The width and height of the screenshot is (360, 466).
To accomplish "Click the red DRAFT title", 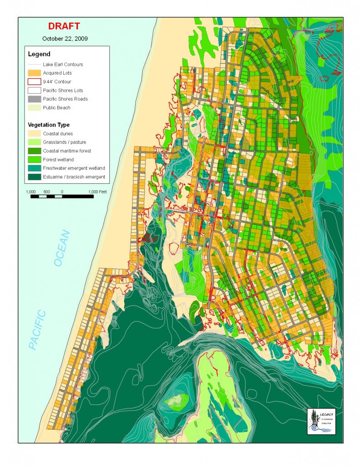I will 65,27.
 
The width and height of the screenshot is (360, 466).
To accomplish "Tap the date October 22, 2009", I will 65,39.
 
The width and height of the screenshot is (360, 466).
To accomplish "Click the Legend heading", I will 39,54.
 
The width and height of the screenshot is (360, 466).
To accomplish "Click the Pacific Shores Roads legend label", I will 65,99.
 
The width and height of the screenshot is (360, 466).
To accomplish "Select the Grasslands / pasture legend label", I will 65,142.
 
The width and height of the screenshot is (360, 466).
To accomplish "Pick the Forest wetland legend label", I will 58,159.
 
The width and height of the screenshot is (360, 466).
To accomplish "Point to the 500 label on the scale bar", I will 46,192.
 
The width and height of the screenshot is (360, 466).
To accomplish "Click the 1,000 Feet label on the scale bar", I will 97,192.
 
